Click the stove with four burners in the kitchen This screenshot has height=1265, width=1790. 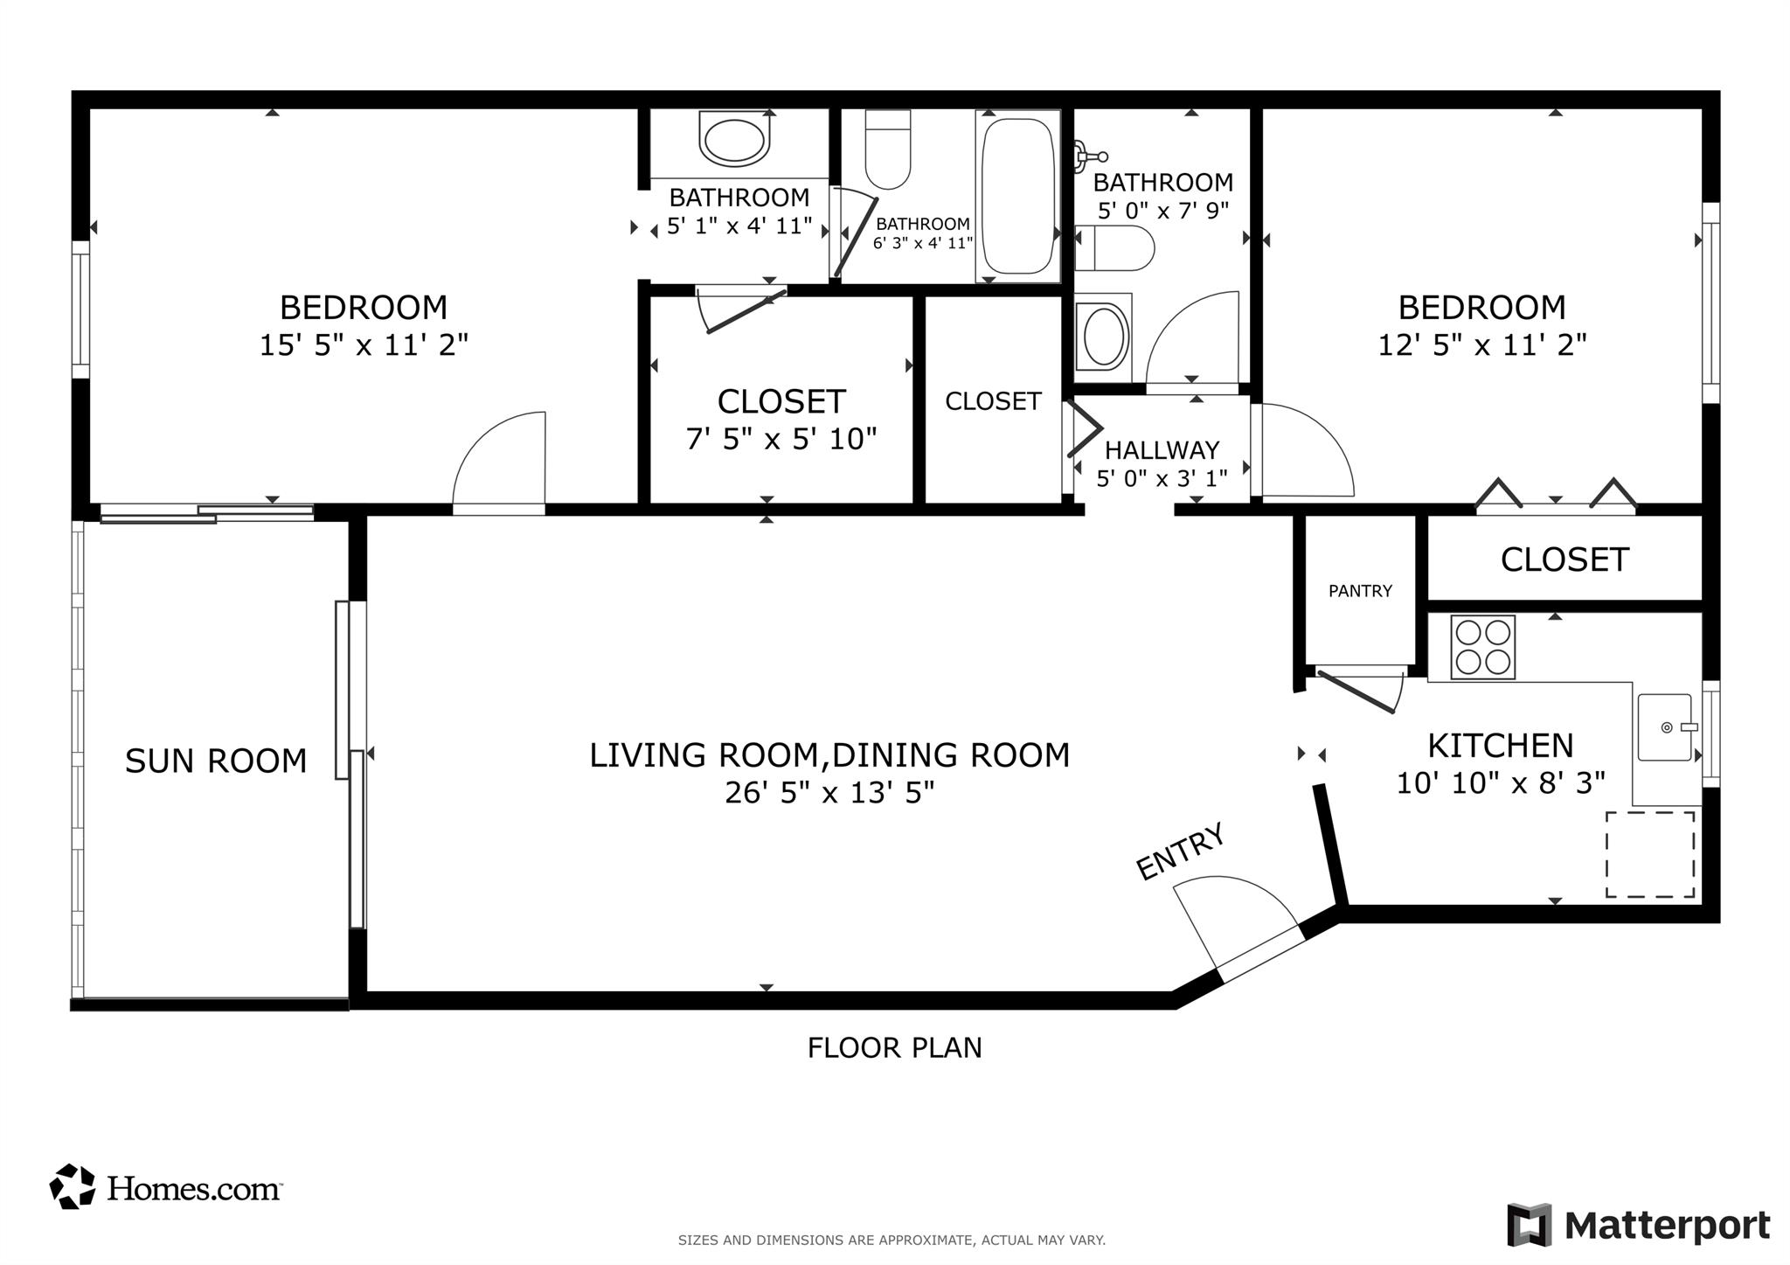point(1482,647)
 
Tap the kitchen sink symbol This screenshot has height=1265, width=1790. point(1665,727)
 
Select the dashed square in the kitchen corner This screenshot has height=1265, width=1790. point(1650,854)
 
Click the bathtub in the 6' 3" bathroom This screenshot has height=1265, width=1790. point(1017,197)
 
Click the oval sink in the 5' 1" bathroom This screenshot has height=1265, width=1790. point(734,140)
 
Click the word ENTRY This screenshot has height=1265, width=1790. point(1180,851)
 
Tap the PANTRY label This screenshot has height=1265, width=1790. point(1360,591)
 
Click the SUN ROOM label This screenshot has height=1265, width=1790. point(216,761)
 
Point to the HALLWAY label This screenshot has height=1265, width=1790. point(1162,450)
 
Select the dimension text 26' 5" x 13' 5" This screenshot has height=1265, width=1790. point(829,793)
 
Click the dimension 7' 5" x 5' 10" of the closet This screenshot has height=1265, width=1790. point(781,438)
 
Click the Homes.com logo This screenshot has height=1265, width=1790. point(166,1187)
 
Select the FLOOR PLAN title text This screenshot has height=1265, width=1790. point(894,1047)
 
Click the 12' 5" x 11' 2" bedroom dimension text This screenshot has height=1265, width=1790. point(1481,345)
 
